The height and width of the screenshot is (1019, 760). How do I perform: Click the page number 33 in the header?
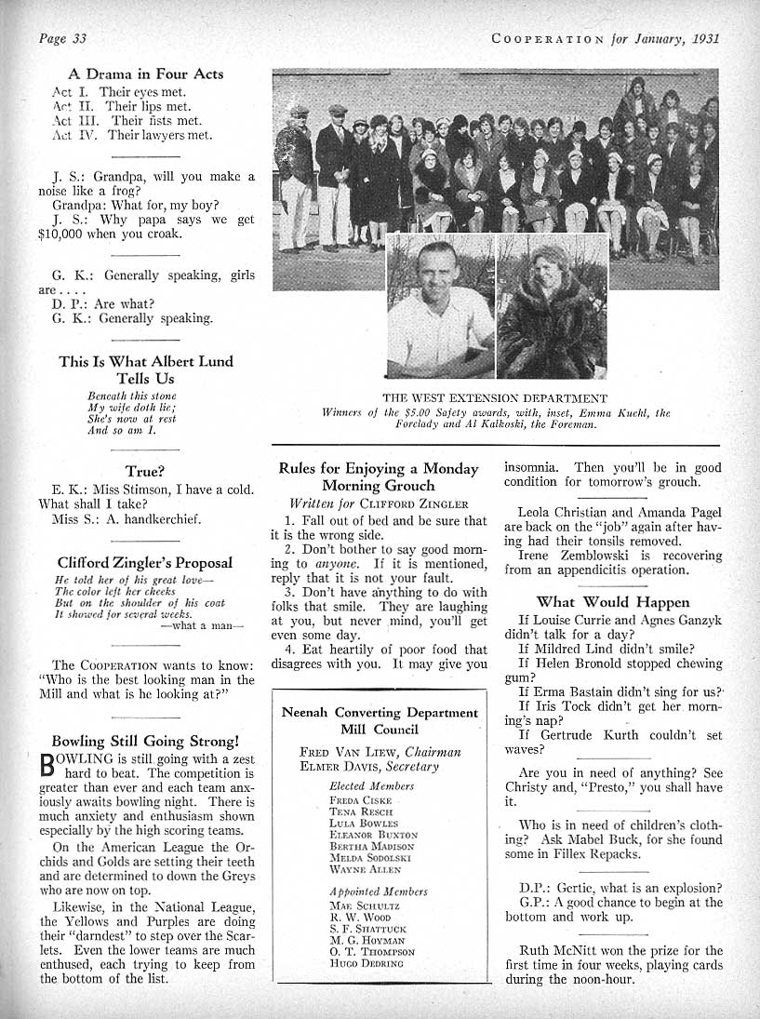[78, 38]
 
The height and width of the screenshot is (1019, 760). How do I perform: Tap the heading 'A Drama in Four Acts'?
[146, 74]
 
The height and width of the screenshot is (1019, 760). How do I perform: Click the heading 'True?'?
[145, 472]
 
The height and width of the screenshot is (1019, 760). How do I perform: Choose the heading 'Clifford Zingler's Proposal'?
[145, 563]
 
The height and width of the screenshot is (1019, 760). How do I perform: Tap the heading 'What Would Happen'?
[613, 602]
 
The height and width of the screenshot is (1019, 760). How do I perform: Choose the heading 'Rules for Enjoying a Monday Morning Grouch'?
[379, 476]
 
